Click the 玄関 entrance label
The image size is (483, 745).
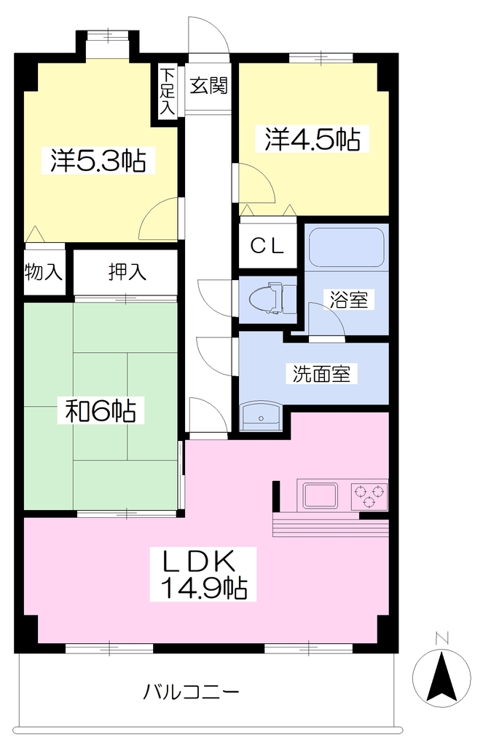209,86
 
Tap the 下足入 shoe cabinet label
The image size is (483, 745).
167,91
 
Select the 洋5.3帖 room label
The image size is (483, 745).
98,161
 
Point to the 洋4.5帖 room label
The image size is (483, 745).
313,139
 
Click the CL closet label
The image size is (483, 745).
267,246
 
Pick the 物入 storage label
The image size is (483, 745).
43,272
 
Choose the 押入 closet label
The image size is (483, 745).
127,272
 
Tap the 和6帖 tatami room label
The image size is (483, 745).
101,411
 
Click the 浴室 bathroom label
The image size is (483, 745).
349,300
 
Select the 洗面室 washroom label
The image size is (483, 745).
321,374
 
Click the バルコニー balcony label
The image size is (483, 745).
192,692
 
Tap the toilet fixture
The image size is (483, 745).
274,298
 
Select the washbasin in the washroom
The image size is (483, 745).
262,417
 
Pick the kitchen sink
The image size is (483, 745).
321,495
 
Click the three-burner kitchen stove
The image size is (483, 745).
369,495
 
